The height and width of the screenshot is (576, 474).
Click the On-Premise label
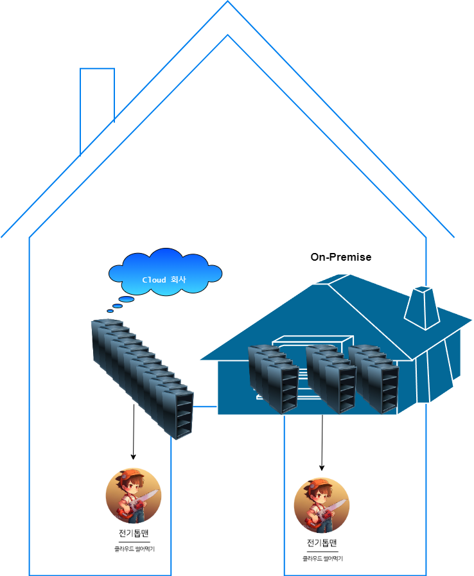[340, 257]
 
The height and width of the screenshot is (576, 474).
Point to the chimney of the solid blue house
[421, 307]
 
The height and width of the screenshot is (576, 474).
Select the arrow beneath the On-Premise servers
[322, 442]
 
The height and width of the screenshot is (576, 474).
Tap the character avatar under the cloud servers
[133, 496]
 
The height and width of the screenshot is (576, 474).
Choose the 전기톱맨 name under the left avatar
[134, 534]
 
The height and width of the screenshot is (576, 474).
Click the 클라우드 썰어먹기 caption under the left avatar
[134, 549]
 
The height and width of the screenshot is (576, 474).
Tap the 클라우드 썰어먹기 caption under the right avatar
[322, 559]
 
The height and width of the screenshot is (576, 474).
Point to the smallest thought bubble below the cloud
[110, 311]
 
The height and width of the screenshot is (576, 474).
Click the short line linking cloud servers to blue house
[206, 406]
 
